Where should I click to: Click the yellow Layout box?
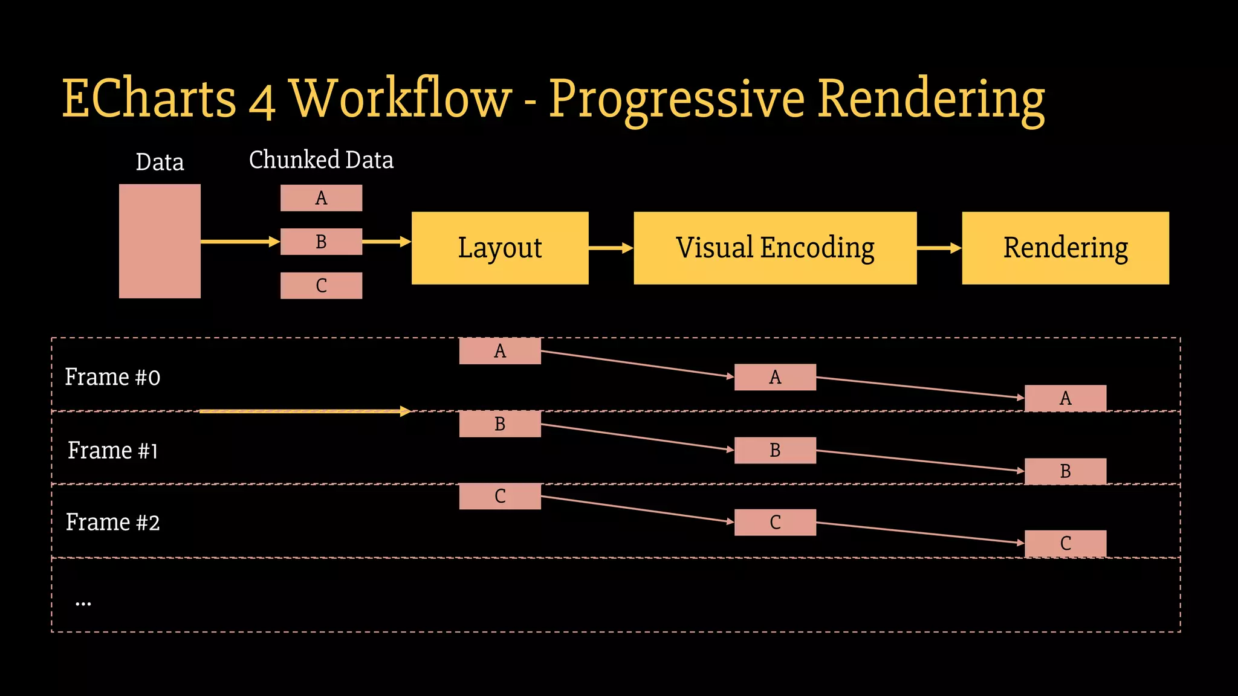pos(500,248)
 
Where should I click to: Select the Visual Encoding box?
pos(775,248)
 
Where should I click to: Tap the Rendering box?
pos(1065,248)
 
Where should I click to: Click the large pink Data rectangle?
pos(160,241)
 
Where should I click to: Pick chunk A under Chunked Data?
pos(321,198)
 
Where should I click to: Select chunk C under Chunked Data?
pos(321,285)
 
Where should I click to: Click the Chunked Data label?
pos(321,160)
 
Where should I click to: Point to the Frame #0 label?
pos(112,377)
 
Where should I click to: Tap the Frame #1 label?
pos(112,451)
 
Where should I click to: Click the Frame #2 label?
pos(112,523)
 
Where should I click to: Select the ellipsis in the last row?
pos(83,603)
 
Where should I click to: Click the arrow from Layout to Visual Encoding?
pos(611,248)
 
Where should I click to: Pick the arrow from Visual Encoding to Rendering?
pos(939,248)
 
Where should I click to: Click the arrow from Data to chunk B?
pos(240,242)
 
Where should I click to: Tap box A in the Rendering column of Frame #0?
pos(1065,398)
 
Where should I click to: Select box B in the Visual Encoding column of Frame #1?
pos(775,451)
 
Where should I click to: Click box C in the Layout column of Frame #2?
pos(500,496)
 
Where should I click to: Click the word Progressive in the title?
pos(676,100)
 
